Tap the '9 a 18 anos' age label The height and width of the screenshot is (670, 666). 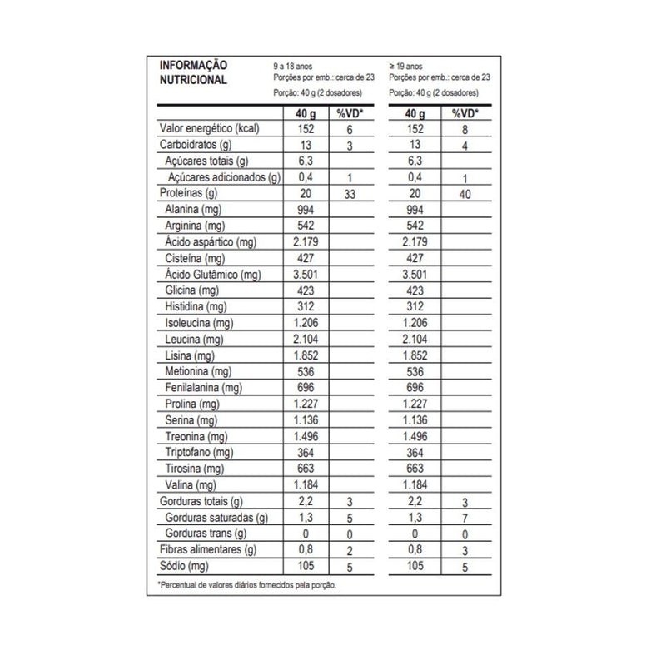[x=295, y=65]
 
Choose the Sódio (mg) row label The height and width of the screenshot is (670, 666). [x=183, y=566]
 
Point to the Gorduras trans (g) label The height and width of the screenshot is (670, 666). [x=208, y=534]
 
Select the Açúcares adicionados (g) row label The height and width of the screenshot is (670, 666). [x=225, y=177]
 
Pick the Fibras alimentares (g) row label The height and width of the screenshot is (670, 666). [x=207, y=550]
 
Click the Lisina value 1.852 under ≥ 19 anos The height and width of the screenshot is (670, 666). [x=414, y=355]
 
